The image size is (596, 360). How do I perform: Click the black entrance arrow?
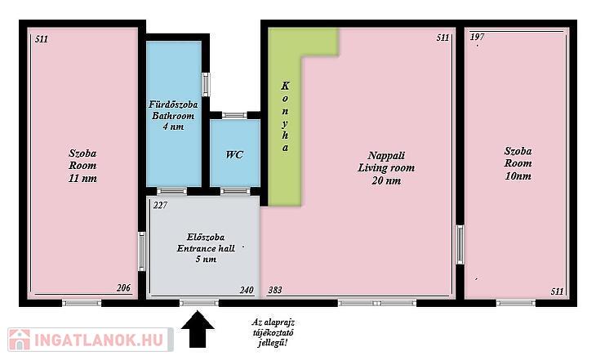[x=198, y=329]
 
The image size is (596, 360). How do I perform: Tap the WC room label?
[x=234, y=155]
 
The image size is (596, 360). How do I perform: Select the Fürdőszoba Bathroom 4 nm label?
[x=173, y=115]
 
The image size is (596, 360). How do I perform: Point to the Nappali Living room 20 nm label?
[x=386, y=167]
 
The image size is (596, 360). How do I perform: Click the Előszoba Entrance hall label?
[x=206, y=248]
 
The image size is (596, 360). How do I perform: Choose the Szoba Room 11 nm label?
[x=82, y=166]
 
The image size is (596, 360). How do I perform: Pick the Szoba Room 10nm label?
[x=518, y=163]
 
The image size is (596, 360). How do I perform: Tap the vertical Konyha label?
[x=285, y=116]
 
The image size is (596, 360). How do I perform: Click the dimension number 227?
[x=160, y=205]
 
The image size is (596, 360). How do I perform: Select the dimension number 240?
[x=247, y=290]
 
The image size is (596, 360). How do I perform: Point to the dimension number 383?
[x=275, y=290]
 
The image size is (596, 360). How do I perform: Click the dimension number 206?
[x=123, y=288]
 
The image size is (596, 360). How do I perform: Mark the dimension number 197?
[x=477, y=37]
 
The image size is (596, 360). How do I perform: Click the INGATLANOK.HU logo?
[x=91, y=340]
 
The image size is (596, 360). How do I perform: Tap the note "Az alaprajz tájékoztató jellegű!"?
[x=273, y=332]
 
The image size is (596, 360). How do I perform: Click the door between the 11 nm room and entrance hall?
[x=142, y=251]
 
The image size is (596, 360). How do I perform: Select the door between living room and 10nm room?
[x=460, y=244]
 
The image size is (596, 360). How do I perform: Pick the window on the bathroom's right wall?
[x=206, y=84]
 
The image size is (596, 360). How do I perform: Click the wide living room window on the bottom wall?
[x=377, y=303]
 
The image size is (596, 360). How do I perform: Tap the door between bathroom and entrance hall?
[x=171, y=191]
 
